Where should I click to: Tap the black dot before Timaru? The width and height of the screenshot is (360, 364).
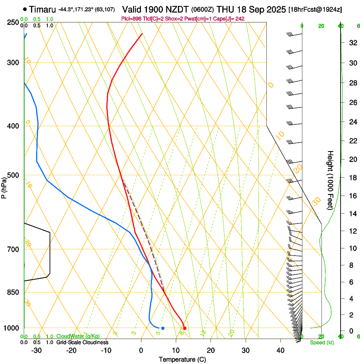tap(25, 9)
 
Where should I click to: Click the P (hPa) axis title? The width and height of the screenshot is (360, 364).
tap(5, 186)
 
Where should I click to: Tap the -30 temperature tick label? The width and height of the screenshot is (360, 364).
tap(36, 350)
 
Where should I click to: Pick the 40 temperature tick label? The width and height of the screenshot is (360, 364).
tap(280, 350)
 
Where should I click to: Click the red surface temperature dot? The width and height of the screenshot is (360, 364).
tap(185, 328)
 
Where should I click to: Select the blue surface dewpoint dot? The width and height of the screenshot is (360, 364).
tap(163, 328)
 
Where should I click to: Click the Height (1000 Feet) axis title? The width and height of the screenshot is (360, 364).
tap(330, 180)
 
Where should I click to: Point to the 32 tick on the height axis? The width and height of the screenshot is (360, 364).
tap(352, 43)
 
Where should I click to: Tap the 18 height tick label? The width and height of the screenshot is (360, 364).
tap(352, 178)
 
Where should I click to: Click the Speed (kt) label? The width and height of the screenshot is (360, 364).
tap(322, 342)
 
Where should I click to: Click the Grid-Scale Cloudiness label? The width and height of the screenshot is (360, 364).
tap(82, 342)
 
